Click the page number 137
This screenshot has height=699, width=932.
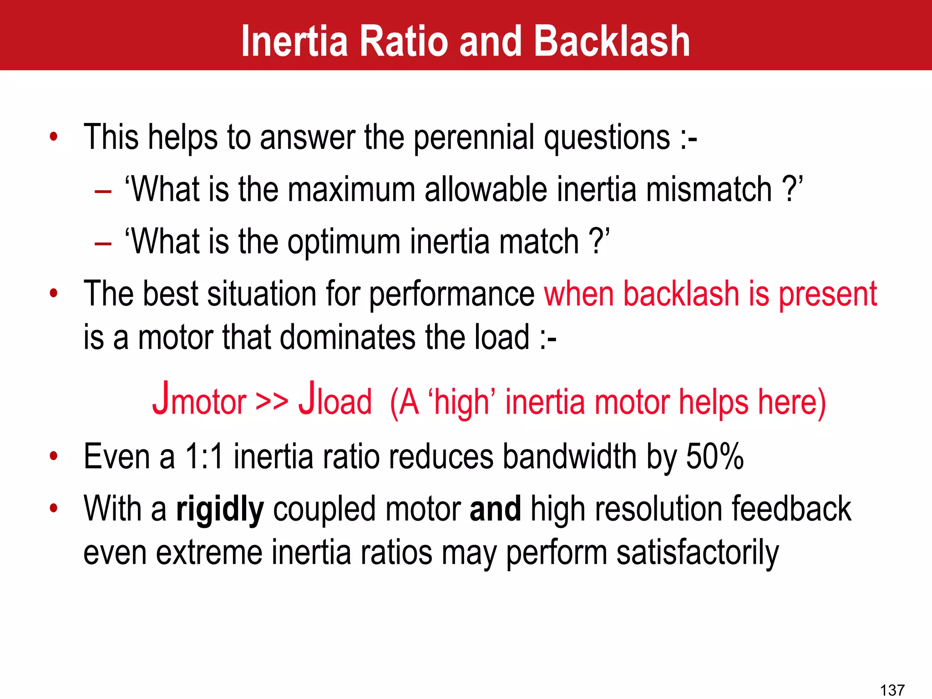[x=892, y=690]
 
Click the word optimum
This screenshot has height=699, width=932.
[x=344, y=242]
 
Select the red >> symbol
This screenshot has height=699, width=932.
[x=272, y=400]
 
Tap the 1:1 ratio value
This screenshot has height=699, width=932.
[x=204, y=456]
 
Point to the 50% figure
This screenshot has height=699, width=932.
[x=714, y=456]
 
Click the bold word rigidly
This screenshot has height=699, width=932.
[x=219, y=510]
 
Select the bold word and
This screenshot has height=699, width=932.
[x=495, y=509]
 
